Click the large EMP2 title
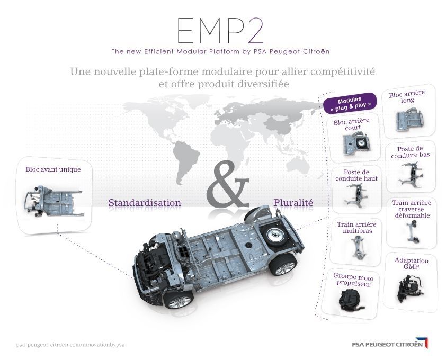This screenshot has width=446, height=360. pyautogui.click(x=219, y=30)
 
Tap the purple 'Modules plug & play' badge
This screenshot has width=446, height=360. pyautogui.click(x=350, y=103)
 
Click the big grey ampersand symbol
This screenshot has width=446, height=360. pyautogui.click(x=228, y=184)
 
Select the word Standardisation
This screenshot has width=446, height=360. pyautogui.click(x=145, y=203)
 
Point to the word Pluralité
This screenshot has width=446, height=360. pyautogui.click(x=293, y=202)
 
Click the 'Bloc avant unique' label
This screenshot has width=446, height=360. pyautogui.click(x=53, y=169)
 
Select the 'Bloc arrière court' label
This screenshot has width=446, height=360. pyautogui.click(x=352, y=124)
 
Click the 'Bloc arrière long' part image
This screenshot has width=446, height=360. pyautogui.click(x=409, y=120)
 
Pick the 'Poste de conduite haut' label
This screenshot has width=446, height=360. pyautogui.click(x=356, y=175)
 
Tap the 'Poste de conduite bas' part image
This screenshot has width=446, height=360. pyautogui.click(x=411, y=175)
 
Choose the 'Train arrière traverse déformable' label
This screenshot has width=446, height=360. pyautogui.click(x=412, y=209)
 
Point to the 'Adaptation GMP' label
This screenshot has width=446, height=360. pyautogui.click(x=411, y=264)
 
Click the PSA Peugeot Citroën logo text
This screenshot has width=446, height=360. pyautogui.click(x=387, y=344)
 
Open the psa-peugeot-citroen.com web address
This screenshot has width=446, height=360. pyautogui.click(x=70, y=345)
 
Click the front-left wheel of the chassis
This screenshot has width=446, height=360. pyautogui.click(x=178, y=299)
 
